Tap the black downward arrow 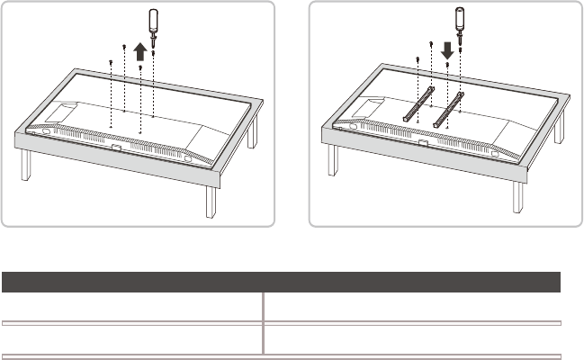[446, 47]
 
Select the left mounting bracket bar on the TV [420, 103]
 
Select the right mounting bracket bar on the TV [448, 106]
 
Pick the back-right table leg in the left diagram [255, 131]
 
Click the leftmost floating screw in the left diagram [109, 61]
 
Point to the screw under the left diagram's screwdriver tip [154, 53]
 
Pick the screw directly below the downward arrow [447, 65]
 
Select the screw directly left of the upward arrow [123, 47]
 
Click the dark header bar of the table [281, 280]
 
